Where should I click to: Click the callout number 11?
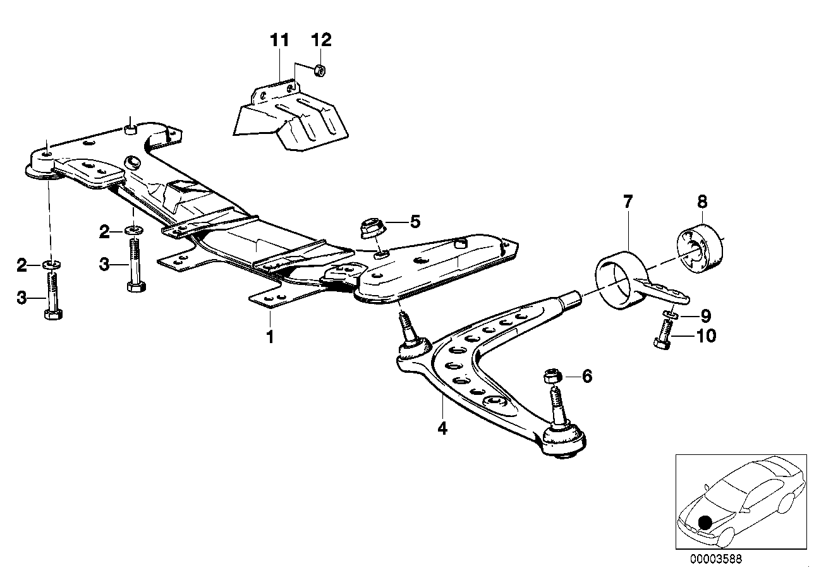coord(279,41)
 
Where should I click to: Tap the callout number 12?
coord(320,41)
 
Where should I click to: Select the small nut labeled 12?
coord(320,70)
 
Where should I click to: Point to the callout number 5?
coord(415,221)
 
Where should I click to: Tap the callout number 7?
coord(628,202)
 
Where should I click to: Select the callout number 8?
coord(702,202)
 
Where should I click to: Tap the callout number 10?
coord(705,336)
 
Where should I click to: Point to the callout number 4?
coord(442,428)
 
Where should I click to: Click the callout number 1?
coord(270,336)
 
